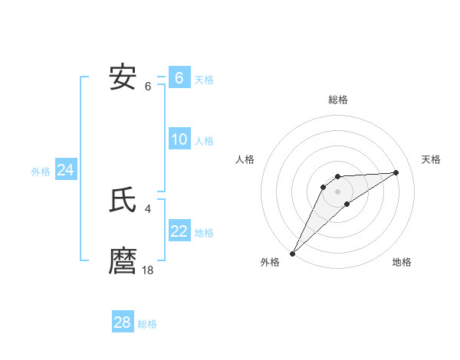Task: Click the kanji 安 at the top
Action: click(123, 77)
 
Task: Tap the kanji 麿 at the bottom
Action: click(123, 261)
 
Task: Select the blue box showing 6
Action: click(179, 78)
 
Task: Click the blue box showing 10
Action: click(179, 139)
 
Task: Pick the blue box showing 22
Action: click(179, 231)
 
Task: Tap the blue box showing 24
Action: click(66, 170)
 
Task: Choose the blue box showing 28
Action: click(123, 322)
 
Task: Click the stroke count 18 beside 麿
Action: click(148, 270)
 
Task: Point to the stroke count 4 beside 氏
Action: click(148, 208)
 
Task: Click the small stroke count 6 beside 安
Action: click(148, 86)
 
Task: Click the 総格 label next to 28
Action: click(147, 324)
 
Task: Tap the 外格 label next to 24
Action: click(41, 172)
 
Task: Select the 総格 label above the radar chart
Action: click(338, 100)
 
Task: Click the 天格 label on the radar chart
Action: click(431, 159)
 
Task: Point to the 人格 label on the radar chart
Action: click(245, 159)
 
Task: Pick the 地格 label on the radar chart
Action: click(402, 262)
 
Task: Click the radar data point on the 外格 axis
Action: click(293, 253)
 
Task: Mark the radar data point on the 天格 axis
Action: click(396, 172)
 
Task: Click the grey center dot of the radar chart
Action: click(338, 191)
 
